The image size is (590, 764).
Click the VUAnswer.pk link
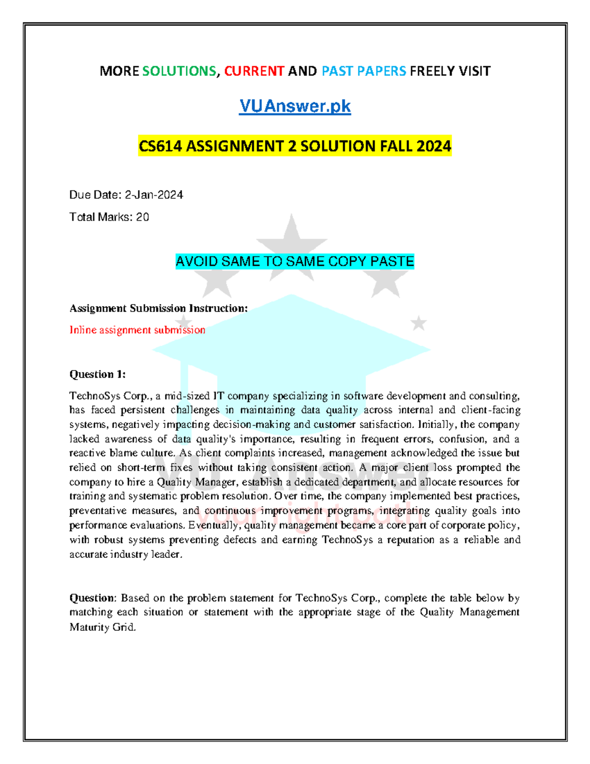coord(295,106)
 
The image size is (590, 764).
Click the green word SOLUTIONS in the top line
coord(179,71)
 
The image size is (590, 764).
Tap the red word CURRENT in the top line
coord(254,71)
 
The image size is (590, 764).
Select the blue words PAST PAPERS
coord(364,71)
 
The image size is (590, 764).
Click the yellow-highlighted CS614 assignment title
coord(295,146)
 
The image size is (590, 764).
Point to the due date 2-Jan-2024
coord(154,195)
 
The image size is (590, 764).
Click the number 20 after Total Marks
coord(143,217)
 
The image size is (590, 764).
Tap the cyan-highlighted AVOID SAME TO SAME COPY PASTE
coord(295,261)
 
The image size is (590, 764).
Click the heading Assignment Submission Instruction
coord(158,308)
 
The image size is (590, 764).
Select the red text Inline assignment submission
coord(137,330)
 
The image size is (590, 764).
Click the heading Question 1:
coord(97,374)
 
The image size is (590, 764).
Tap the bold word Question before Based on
coord(92,598)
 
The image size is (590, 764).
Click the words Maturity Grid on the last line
coord(102,627)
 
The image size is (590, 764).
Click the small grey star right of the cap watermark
coord(419,323)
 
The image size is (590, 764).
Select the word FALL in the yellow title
coord(394,146)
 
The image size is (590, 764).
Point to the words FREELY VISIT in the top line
coord(450,71)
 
